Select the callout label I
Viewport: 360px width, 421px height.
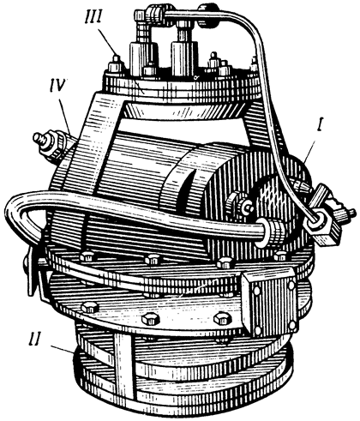320,127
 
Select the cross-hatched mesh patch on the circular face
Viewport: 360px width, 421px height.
273,195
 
